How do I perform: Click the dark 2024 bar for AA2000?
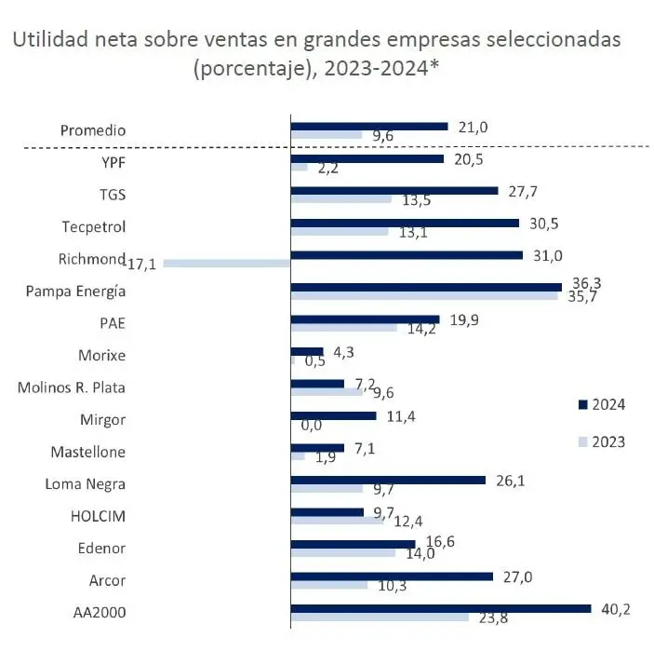(440, 608)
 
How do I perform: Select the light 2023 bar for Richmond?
(227, 264)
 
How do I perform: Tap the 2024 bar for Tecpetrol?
(405, 223)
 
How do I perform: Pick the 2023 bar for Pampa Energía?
(424, 296)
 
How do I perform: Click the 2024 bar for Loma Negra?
(388, 480)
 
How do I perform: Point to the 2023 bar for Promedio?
(327, 135)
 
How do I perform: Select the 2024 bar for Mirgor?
(333, 415)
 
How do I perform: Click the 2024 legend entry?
(601, 404)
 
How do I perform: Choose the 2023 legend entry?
(601, 441)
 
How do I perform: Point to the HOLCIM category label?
(98, 516)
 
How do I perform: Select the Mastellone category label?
(87, 452)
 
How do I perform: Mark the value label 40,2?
(616, 608)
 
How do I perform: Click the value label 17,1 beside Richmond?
(142, 265)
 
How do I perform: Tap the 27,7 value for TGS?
(523, 191)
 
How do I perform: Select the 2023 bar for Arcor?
(329, 585)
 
